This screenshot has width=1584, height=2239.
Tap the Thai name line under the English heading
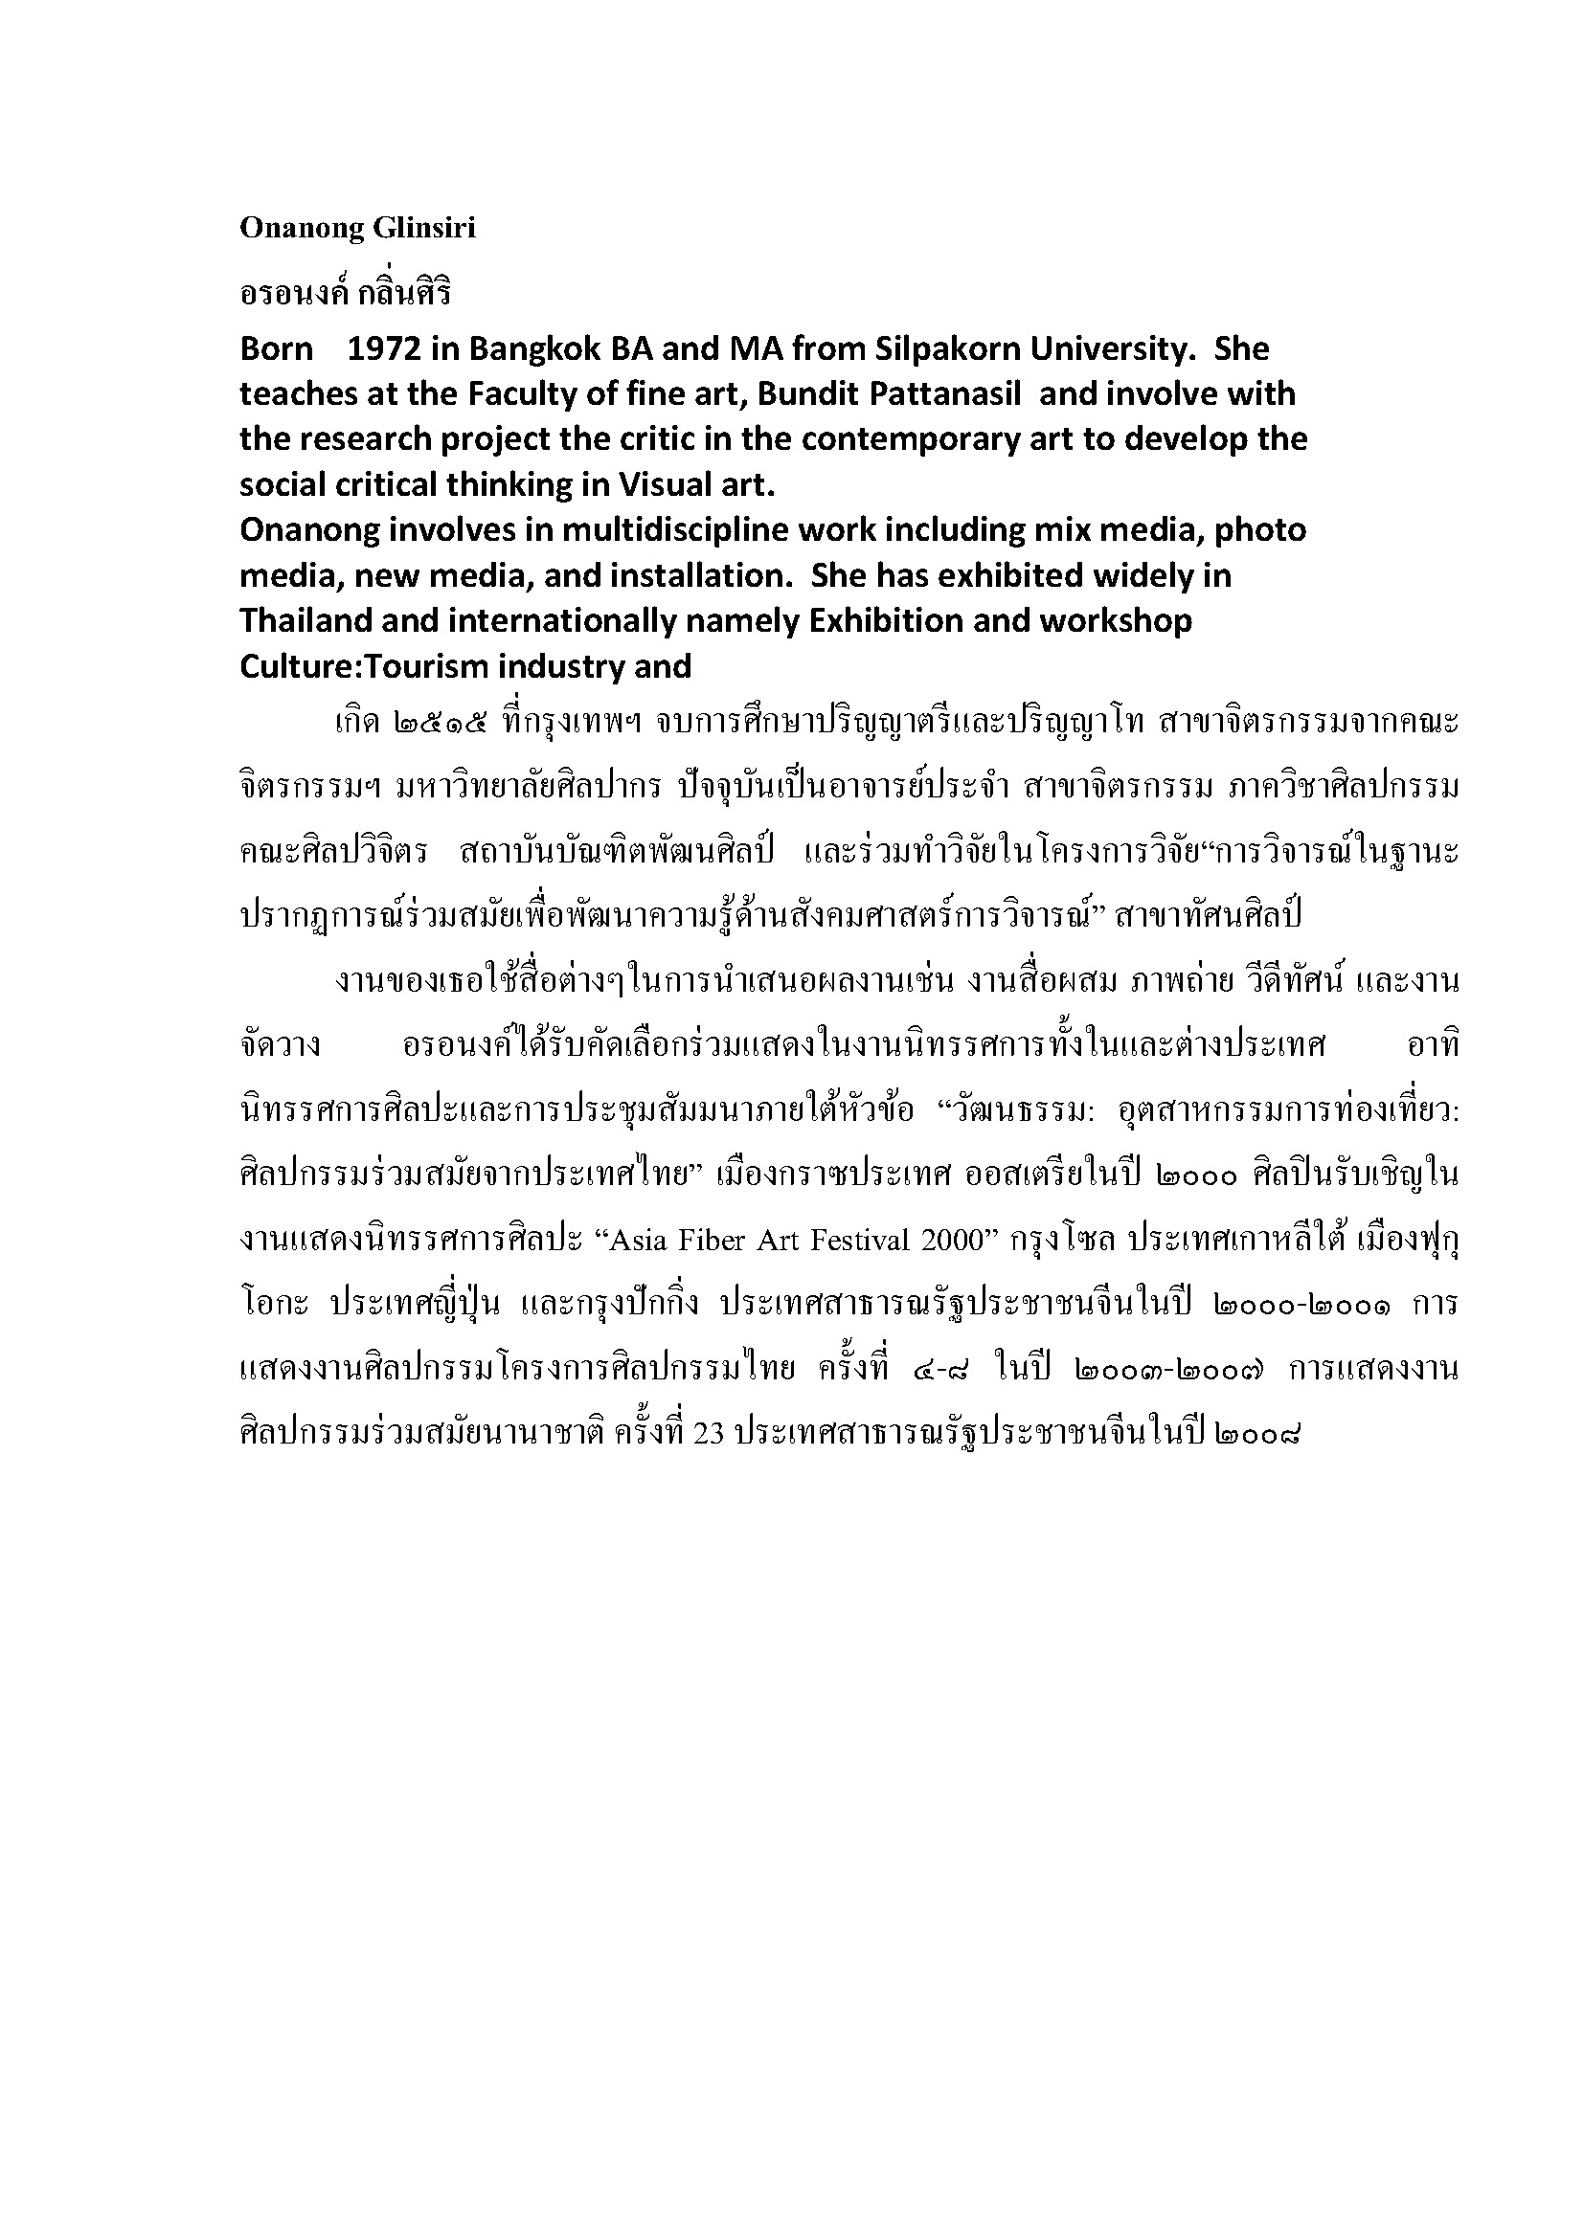[x=346, y=292]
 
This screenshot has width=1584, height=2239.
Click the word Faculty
[x=527, y=394]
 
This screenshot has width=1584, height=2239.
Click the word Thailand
[x=305, y=621]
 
